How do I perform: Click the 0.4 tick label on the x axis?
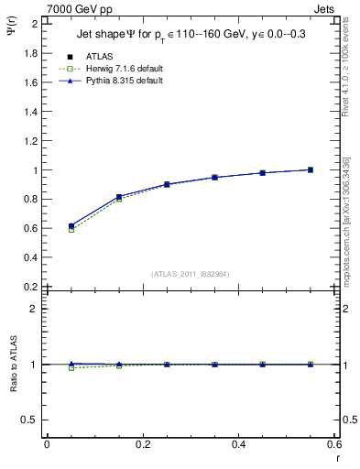tap(239, 444)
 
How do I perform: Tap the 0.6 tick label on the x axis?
tap(334, 444)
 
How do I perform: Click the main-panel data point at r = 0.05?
tap(71, 225)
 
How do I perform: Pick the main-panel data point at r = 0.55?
tap(311, 169)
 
